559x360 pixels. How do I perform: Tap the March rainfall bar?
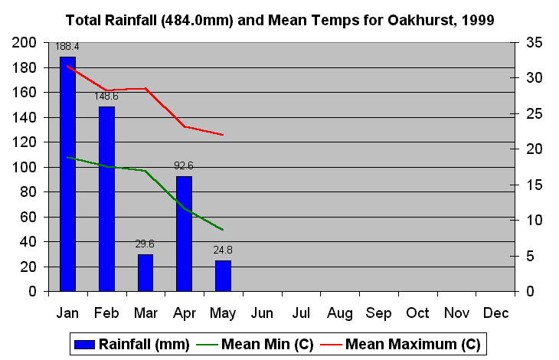coord(145,273)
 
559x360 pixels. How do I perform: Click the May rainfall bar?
coord(223,276)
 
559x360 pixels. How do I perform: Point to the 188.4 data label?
coord(67,47)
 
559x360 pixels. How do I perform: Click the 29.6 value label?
coord(145,244)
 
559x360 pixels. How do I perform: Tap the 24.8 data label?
coord(223,250)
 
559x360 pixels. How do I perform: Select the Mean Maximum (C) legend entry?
coord(406,345)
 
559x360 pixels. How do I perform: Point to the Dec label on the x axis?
coord(495,313)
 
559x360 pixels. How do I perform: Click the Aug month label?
coord(340,313)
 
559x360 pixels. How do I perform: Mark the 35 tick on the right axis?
coord(532,43)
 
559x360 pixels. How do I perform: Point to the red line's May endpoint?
coord(223,135)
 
